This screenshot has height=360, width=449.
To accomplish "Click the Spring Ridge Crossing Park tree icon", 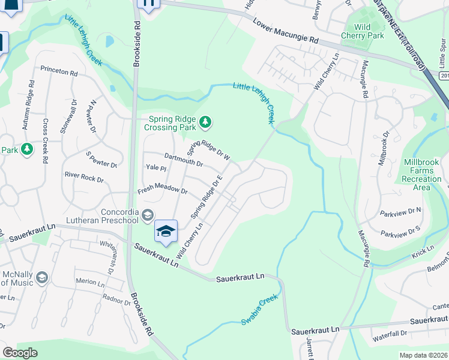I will [x=206, y=123].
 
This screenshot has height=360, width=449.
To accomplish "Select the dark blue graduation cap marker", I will [x=166, y=231].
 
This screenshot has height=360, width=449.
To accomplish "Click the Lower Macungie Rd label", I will [x=285, y=31].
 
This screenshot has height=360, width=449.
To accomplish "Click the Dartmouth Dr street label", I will [x=184, y=160].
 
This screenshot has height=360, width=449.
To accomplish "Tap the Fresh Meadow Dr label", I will [x=163, y=190].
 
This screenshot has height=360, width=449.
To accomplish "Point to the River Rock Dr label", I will [x=84, y=178].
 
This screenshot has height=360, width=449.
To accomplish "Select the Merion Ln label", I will [x=90, y=281].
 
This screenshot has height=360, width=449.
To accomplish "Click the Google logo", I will [x=20, y=353].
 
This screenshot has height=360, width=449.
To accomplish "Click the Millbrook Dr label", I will [x=382, y=157].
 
